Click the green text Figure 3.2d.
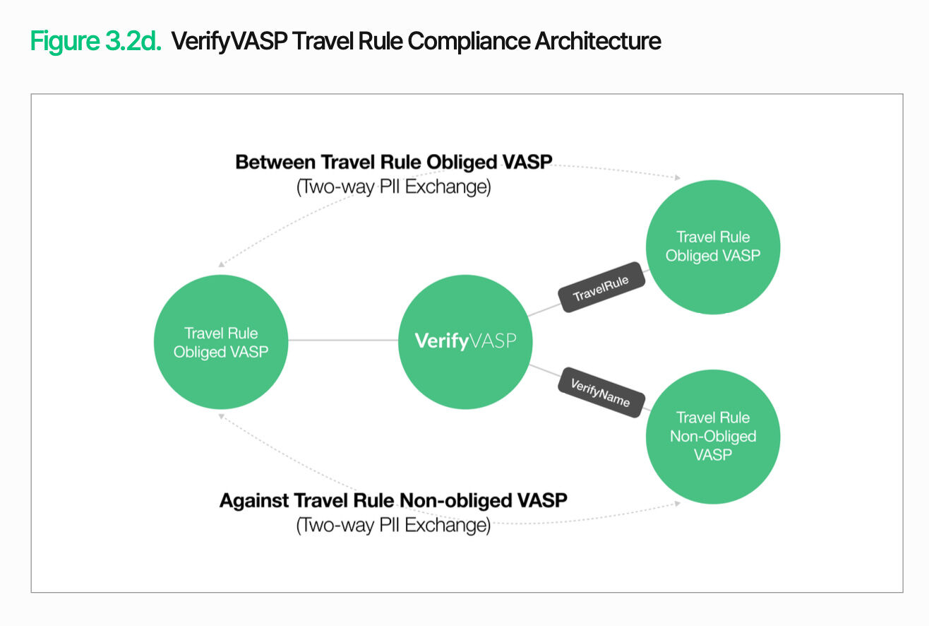(95, 41)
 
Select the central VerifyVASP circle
(464, 343)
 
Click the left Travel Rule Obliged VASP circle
(220, 343)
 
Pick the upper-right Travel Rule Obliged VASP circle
(713, 247)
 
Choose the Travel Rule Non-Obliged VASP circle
(713, 436)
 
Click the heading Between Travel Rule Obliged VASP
(393, 163)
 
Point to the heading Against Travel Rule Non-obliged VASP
(393, 501)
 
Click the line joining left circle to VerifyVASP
(343, 341)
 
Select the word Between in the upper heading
(275, 163)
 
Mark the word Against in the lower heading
(253, 501)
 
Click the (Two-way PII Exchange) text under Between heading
(393, 187)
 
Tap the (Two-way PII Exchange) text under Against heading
(393, 526)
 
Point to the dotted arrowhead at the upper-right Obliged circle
(678, 178)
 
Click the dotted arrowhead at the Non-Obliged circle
(677, 503)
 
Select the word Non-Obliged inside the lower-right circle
(713, 437)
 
